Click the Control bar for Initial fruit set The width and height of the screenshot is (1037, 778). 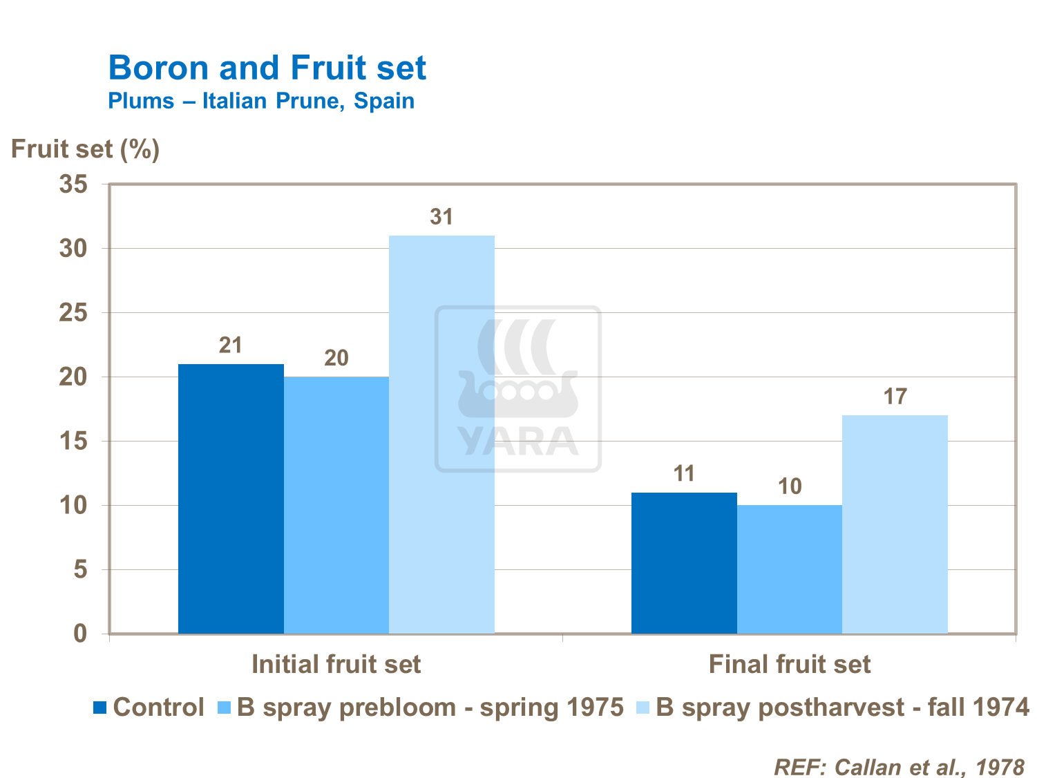[x=231, y=498]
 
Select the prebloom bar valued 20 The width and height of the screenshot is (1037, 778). [x=336, y=505]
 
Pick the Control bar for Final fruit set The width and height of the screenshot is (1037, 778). [x=684, y=562]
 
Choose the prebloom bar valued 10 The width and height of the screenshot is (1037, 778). [x=790, y=569]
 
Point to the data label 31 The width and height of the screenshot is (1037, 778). [x=441, y=217]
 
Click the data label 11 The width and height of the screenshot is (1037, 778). [x=684, y=473]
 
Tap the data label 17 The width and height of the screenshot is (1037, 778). [x=895, y=397]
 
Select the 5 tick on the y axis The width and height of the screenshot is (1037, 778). [x=81, y=569]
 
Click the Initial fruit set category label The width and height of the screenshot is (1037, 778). [x=336, y=664]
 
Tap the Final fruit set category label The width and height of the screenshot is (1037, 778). [x=789, y=664]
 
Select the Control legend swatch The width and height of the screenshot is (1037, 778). [x=100, y=708]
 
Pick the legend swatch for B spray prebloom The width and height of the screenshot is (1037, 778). [x=224, y=708]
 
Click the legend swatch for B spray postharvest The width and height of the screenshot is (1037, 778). [x=643, y=708]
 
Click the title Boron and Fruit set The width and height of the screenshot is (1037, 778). [x=267, y=68]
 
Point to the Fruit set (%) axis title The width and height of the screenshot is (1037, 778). [x=85, y=149]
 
